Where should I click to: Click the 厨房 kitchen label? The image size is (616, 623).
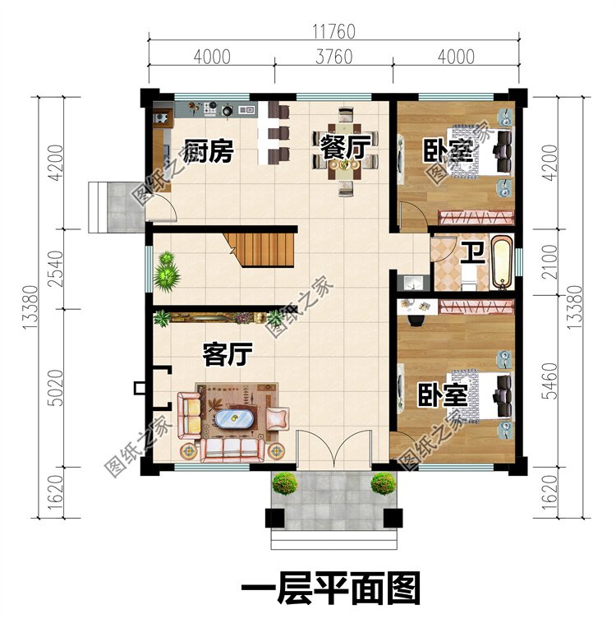[209, 151]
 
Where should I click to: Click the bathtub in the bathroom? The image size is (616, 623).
[501, 262]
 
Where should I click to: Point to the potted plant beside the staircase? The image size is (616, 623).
[167, 270]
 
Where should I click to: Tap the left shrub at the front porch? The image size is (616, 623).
[284, 483]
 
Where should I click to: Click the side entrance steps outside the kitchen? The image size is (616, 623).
[109, 207]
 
